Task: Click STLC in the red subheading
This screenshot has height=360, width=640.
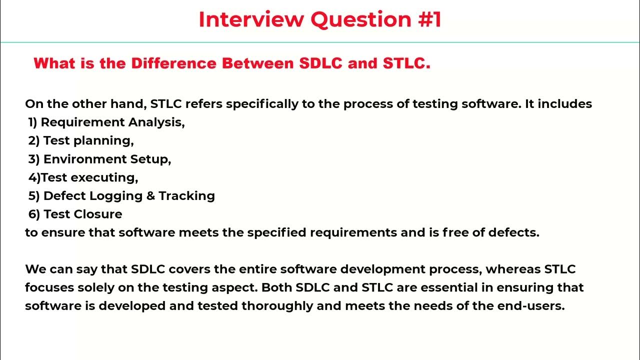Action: tap(406, 63)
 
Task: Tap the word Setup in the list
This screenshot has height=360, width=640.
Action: tap(150, 159)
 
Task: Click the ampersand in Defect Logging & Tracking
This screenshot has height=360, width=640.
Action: tap(150, 196)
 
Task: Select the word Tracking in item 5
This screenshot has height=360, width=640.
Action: tap(187, 196)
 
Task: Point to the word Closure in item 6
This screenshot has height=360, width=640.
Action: tap(98, 214)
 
